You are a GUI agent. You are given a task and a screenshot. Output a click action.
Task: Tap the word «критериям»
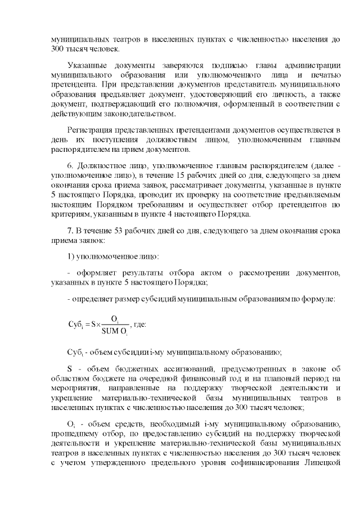click(69, 214)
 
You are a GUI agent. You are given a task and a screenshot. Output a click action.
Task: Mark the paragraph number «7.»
click(71, 230)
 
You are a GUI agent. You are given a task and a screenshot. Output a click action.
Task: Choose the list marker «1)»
click(70, 256)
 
